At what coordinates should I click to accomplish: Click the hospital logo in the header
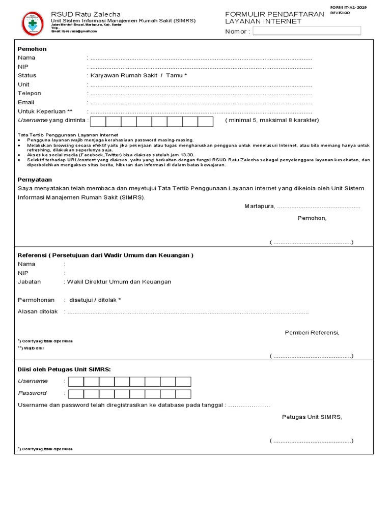coord(32,23)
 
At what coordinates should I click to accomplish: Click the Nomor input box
coord(306,31)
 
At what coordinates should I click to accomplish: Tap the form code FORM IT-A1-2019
coord(348,8)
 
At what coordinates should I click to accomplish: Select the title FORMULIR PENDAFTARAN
coord(274,14)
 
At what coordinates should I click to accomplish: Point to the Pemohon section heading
coord(32,49)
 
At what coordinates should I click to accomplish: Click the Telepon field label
coord(30,93)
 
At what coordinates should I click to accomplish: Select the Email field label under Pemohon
coord(26,102)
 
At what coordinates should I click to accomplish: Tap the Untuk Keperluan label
coord(45,111)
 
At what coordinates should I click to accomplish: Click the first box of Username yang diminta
coord(98,121)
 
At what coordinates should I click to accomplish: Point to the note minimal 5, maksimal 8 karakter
coord(272,120)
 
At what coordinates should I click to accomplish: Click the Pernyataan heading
coord(34,180)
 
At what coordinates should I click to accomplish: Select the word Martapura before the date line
coord(259,206)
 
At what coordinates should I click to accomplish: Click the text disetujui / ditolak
coord(95,300)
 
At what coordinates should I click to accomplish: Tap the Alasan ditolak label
coord(38,311)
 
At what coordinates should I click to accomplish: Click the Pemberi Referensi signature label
coord(312,333)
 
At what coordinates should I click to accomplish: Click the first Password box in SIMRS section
coord(76,393)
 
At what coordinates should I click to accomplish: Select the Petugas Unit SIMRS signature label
coord(312,417)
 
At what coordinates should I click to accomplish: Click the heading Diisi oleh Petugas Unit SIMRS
coord(64,369)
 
